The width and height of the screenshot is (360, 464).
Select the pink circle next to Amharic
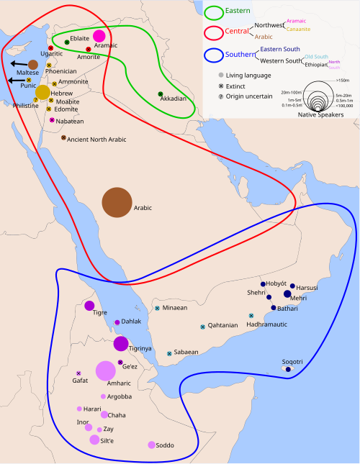(106, 370)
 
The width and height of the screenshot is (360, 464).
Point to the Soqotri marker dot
(289, 369)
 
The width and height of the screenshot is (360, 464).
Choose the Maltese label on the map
(24, 73)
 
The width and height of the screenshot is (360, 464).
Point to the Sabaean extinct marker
(169, 353)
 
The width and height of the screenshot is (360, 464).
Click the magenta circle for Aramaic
(99, 37)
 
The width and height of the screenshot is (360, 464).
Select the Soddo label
(165, 446)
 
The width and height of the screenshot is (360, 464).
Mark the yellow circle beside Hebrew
(43, 92)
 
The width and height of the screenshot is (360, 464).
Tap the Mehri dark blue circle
(287, 294)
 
